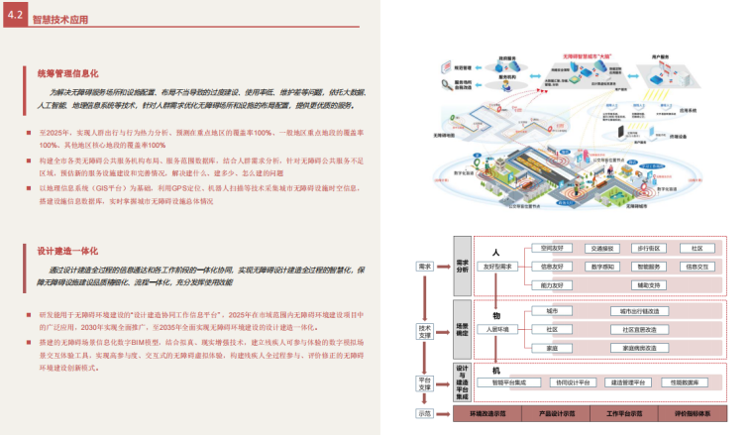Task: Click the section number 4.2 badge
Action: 14,17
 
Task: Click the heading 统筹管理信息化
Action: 67,73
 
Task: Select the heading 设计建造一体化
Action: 67,252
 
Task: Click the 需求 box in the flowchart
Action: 425,267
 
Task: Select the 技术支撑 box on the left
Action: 425,330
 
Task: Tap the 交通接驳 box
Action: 602,249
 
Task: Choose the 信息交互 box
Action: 697,267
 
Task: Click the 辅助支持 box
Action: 649,284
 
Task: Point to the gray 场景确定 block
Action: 462,329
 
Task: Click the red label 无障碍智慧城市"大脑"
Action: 588,60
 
